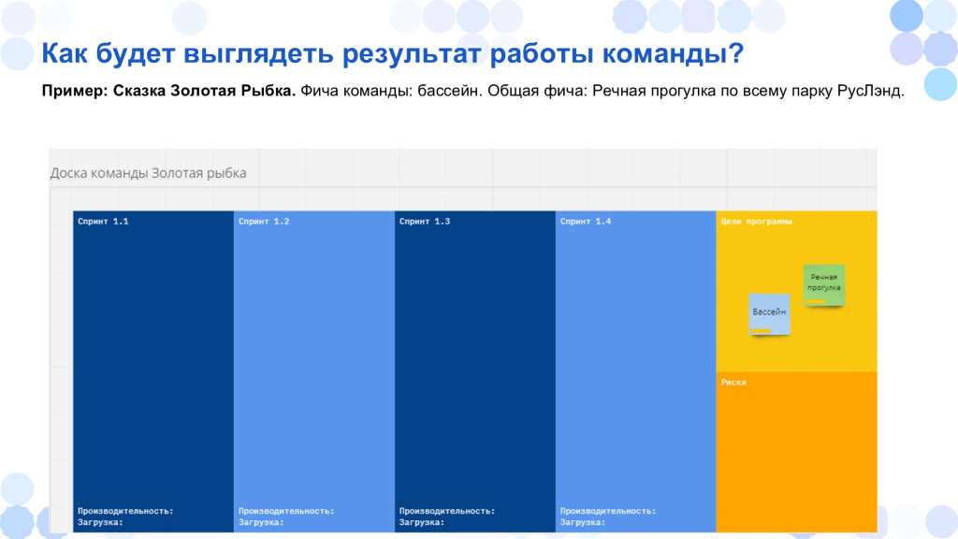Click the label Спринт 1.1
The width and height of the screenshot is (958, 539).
click(103, 221)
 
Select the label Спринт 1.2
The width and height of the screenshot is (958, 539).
click(264, 221)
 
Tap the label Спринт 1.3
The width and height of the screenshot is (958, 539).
click(425, 221)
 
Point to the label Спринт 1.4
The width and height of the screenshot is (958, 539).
click(586, 221)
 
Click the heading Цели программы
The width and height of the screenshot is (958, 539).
click(756, 221)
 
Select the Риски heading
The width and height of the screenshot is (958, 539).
click(733, 382)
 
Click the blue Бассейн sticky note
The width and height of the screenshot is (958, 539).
click(769, 314)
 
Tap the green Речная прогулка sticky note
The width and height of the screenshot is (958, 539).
click(823, 284)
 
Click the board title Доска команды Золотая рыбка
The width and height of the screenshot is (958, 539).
click(149, 173)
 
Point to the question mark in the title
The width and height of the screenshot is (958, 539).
click(736, 53)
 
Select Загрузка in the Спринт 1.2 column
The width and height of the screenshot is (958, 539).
click(261, 522)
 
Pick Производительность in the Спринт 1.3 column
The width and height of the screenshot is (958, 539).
click(447, 511)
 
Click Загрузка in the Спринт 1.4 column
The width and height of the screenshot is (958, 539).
click(583, 522)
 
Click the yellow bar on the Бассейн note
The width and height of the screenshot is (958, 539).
click(761, 330)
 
